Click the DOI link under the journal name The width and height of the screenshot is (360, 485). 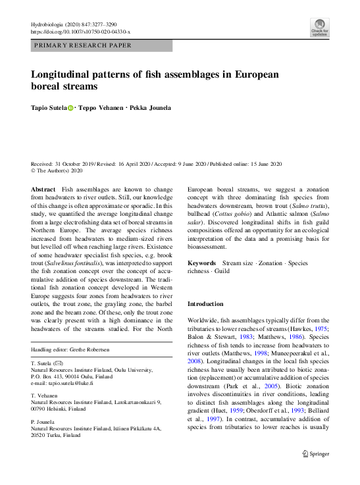pos(81,32)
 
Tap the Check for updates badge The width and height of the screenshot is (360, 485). pos(319,28)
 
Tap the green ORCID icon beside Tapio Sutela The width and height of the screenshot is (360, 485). pos(70,107)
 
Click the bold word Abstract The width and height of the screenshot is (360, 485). pos(43,189)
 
